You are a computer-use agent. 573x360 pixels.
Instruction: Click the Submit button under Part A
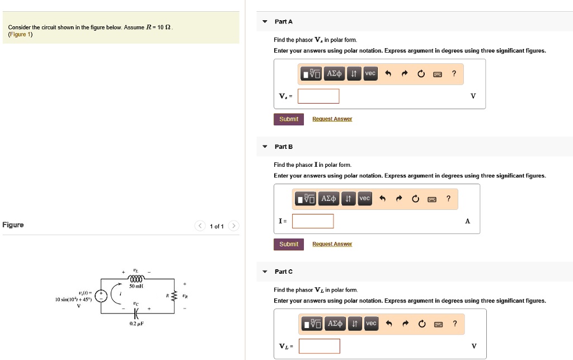pyautogui.click(x=289, y=119)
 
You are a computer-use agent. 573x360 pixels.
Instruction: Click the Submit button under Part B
pyautogui.click(x=289, y=244)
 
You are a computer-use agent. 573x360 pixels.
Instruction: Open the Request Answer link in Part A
pyautogui.click(x=332, y=119)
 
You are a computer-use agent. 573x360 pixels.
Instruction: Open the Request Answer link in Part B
pyautogui.click(x=332, y=244)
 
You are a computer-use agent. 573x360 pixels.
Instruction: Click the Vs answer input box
pyautogui.click(x=318, y=96)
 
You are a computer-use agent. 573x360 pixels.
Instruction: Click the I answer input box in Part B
pyautogui.click(x=313, y=221)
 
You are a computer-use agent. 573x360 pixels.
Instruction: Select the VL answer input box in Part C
pyautogui.click(x=319, y=346)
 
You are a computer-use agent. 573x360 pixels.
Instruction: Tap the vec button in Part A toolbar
pyautogui.click(x=370, y=74)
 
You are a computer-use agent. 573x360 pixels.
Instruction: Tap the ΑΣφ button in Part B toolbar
pyautogui.click(x=328, y=199)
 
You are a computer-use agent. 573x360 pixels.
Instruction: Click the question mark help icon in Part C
pyautogui.click(x=454, y=324)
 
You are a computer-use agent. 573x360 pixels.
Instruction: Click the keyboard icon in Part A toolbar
pyautogui.click(x=438, y=74)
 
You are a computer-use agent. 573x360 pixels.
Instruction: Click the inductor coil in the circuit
pyautogui.click(x=137, y=278)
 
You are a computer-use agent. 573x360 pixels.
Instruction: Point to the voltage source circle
pyautogui.click(x=101, y=296)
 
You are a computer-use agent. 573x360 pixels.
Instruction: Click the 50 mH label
pyautogui.click(x=137, y=286)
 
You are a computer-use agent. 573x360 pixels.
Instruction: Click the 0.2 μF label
pyautogui.click(x=137, y=324)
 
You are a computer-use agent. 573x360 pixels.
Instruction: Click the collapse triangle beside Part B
pyautogui.click(x=265, y=147)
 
